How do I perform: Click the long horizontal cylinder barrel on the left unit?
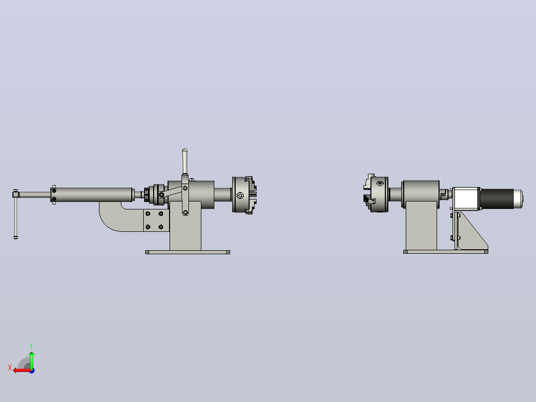(92, 195)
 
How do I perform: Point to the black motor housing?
(497, 199)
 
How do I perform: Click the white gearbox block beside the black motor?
(466, 199)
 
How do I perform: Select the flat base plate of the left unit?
(187, 252)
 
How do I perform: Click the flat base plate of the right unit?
(446, 252)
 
